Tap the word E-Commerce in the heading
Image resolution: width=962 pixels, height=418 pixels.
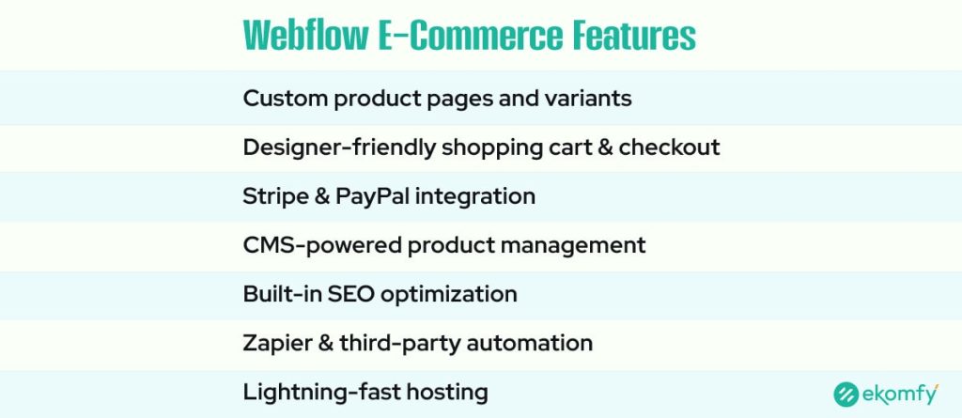click(479, 37)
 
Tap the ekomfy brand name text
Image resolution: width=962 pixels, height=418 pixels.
click(902, 395)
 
